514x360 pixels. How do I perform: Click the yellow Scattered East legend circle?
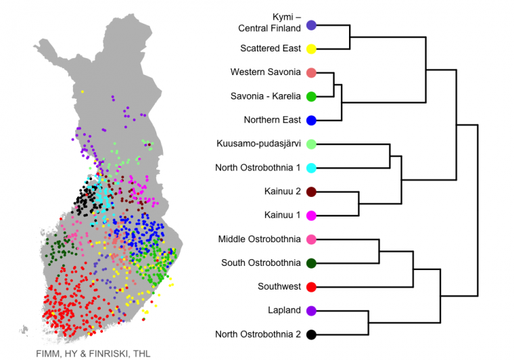(311, 49)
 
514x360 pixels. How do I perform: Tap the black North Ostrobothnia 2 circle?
(311, 335)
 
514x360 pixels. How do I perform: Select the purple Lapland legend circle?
(311, 311)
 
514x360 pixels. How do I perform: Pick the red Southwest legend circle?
(311, 287)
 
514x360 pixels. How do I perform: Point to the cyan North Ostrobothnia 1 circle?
(311, 168)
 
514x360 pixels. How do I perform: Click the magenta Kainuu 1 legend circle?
(311, 215)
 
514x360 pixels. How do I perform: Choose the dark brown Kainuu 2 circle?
(311, 192)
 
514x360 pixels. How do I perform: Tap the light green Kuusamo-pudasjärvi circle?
(311, 144)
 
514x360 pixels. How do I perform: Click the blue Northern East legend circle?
(311, 120)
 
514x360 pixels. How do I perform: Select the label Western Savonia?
(266, 72)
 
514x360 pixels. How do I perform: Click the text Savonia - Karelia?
(266, 96)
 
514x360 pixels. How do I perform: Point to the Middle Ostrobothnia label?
(260, 239)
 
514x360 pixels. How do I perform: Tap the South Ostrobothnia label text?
(261, 263)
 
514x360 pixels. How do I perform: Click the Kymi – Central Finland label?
(269, 22)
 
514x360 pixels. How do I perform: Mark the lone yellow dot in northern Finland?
(83, 92)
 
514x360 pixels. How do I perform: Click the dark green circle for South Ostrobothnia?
(311, 263)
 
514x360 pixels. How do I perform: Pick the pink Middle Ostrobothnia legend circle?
(311, 240)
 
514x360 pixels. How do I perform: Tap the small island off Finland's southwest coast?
(24, 330)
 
